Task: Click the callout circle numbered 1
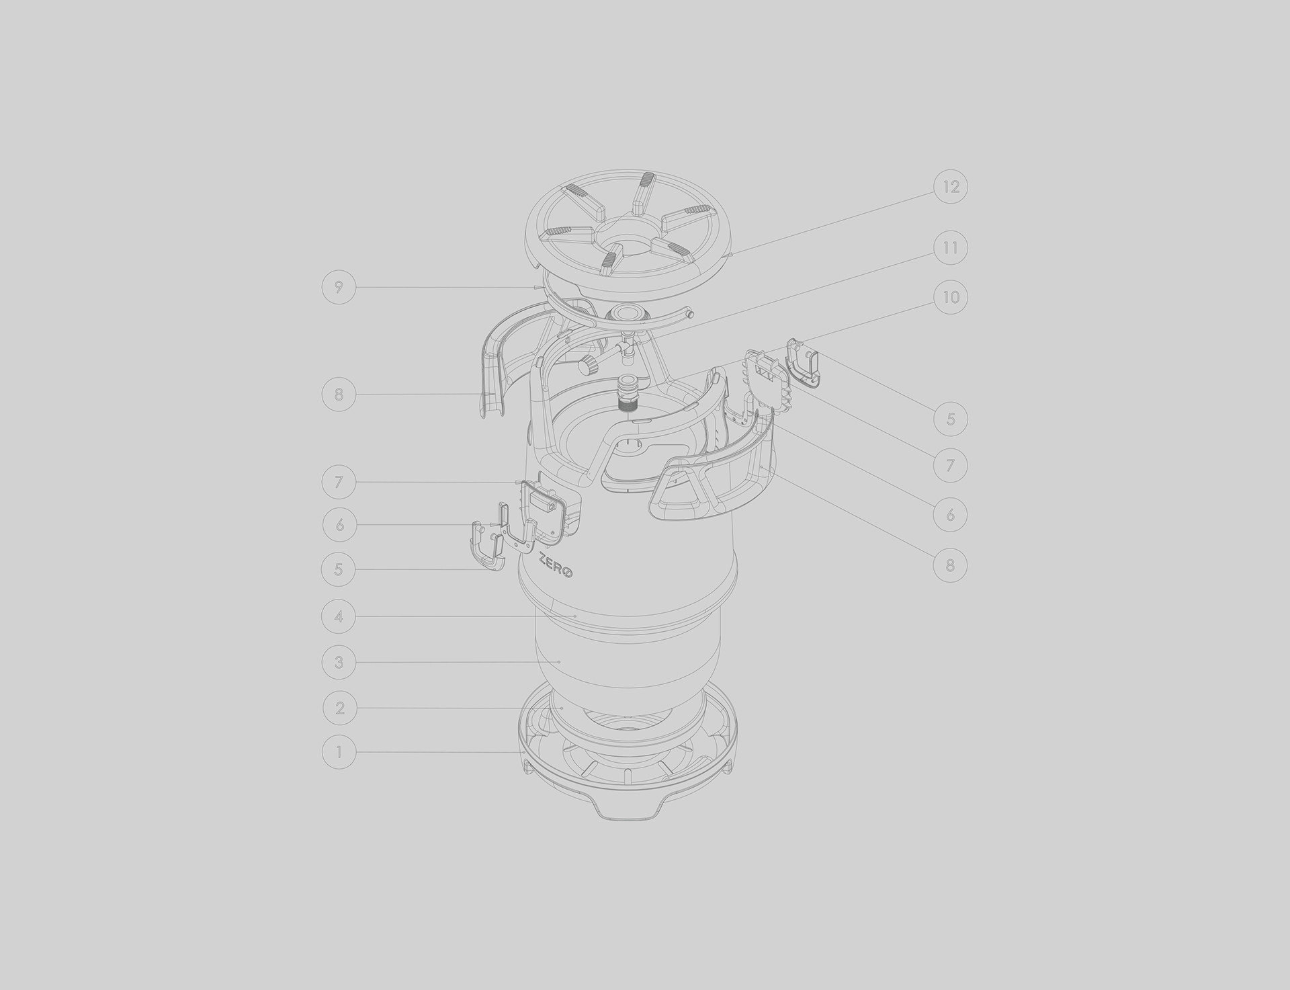339,752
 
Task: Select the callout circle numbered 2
339,708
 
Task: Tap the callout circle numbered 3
339,662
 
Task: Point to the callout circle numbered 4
339,616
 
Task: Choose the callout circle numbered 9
339,288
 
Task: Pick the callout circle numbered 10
951,297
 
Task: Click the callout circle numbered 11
950,248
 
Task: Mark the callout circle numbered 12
951,187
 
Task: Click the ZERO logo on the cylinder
556,564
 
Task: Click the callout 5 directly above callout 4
339,569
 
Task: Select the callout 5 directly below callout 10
950,419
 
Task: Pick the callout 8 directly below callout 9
339,394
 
